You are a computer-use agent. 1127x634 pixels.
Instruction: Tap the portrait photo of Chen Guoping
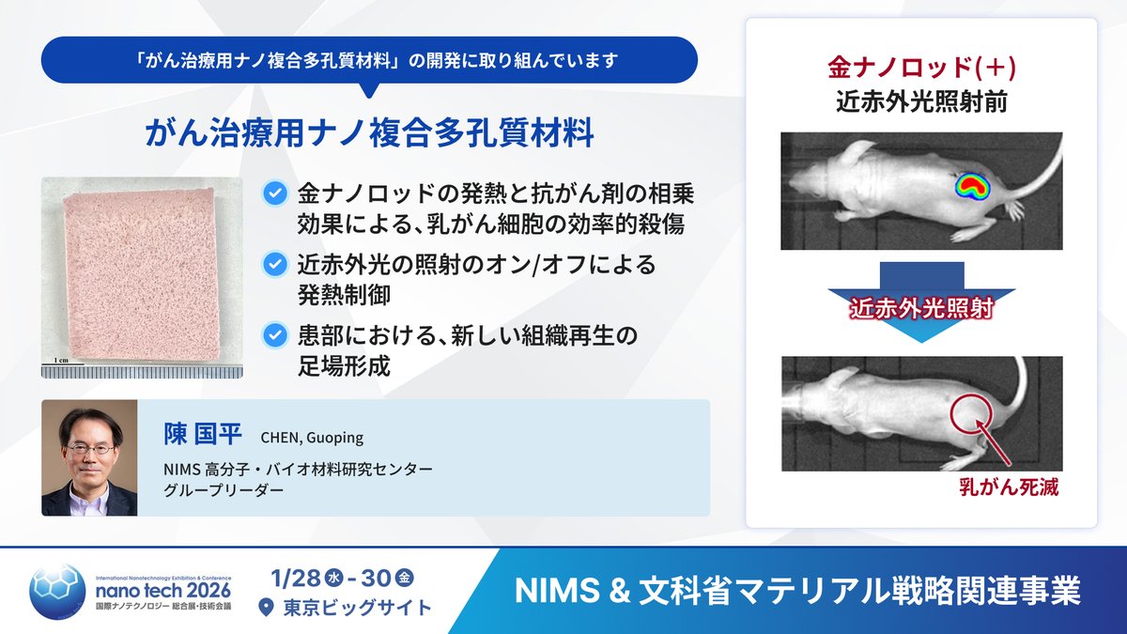tap(89, 457)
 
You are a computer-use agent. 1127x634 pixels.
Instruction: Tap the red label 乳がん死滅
tap(1009, 488)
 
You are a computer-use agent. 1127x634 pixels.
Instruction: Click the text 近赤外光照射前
tap(920, 101)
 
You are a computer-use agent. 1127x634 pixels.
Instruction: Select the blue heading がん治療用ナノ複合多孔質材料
tap(369, 133)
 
